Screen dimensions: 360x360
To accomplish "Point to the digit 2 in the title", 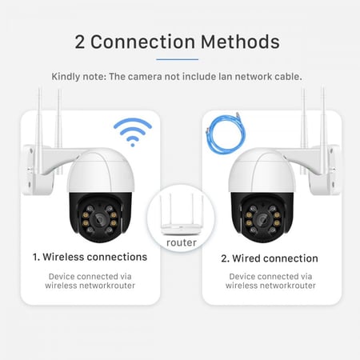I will click(81, 42).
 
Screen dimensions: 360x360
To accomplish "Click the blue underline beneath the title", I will click(177, 58).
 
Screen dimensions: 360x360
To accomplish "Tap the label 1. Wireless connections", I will click(90, 258).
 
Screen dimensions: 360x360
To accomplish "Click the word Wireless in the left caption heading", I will click(70, 258).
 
